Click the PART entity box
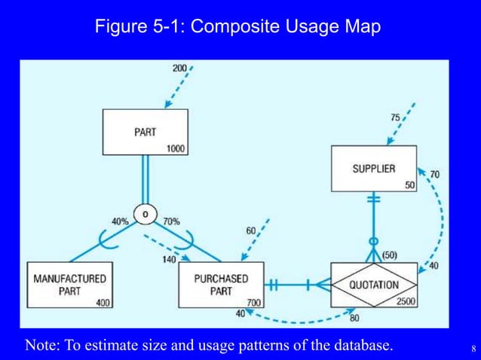pos(146,133)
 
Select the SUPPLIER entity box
pos(374,169)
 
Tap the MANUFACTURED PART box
pos(69,285)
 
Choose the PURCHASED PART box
pos(221,285)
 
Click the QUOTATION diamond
pos(374,285)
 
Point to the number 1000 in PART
pos(176,149)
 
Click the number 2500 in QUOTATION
pos(405,301)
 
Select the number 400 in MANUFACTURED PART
pos(103,302)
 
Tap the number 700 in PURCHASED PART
pos(254,302)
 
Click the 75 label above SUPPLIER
pos(395,117)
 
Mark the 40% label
pos(120,221)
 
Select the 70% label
pos(171,221)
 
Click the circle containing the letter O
pos(144,215)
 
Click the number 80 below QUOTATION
pos(354,317)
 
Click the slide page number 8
pos(473,348)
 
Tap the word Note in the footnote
pos(41,346)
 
